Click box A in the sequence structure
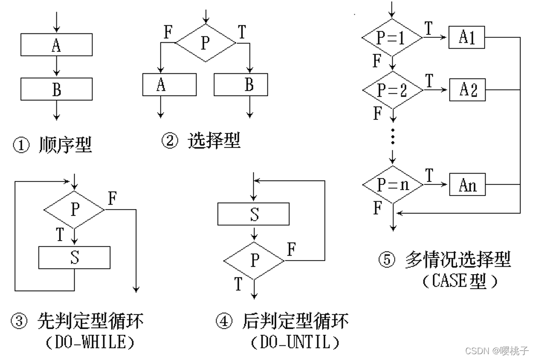[57, 45]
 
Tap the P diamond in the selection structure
[206, 43]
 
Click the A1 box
[467, 37]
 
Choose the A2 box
[467, 90]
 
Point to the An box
[467, 185]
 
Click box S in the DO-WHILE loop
[74, 258]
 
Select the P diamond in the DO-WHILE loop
[74, 210]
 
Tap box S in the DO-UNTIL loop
[253, 214]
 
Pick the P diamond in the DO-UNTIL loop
[254, 261]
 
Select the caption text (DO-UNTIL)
[296, 342]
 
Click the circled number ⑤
[387, 260]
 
